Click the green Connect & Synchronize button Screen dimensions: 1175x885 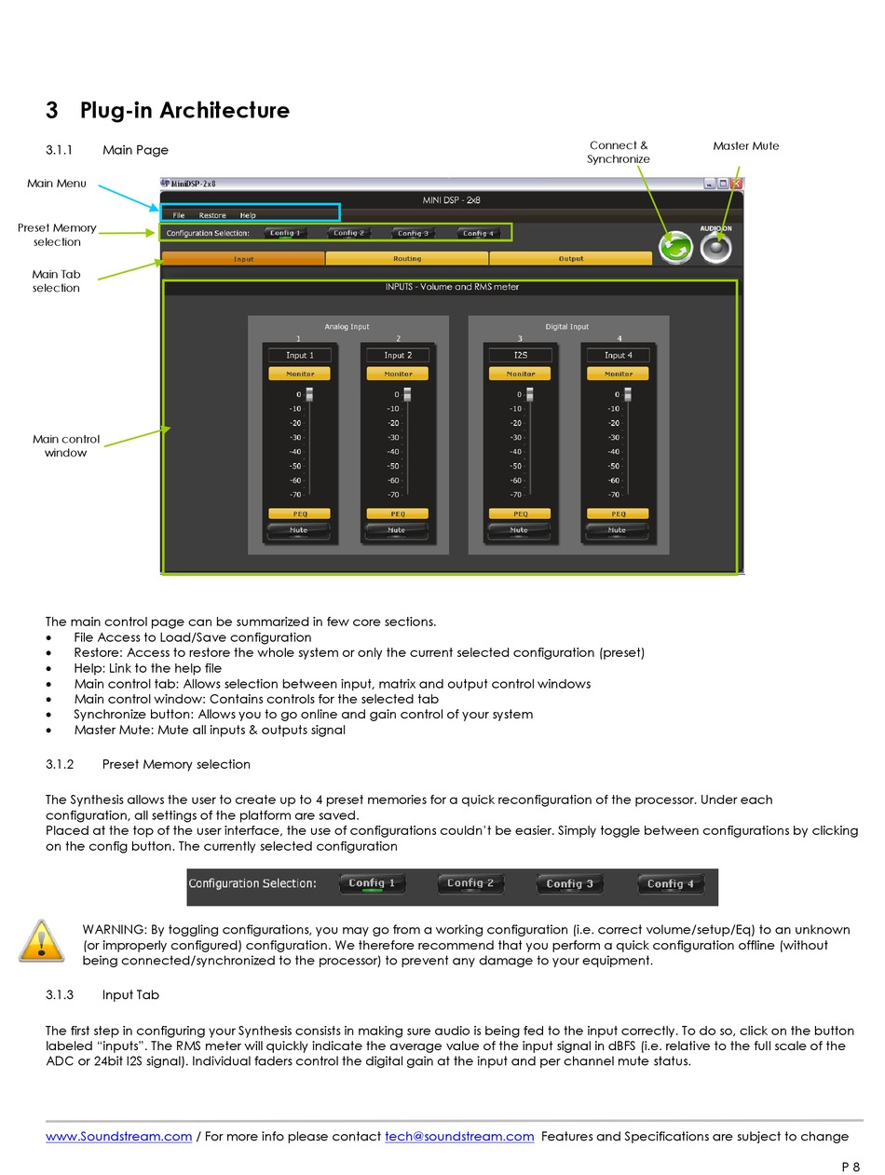[x=675, y=248]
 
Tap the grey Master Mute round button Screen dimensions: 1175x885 [x=715, y=248]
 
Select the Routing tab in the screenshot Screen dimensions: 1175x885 [x=407, y=258]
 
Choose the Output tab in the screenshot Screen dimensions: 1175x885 [x=571, y=258]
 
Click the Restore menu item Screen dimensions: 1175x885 [x=212, y=215]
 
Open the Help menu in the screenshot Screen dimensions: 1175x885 [x=248, y=215]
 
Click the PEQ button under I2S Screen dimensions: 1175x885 [x=520, y=513]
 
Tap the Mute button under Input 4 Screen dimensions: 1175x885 [x=618, y=530]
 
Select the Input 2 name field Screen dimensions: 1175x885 [x=398, y=355]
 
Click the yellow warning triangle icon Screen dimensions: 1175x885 [x=41, y=941]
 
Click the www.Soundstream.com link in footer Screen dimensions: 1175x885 [x=118, y=1136]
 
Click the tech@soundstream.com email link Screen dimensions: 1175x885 [x=459, y=1136]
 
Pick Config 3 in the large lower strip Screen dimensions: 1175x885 [x=569, y=883]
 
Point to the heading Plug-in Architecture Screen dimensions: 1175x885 [x=184, y=110]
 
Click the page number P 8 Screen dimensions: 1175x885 [x=851, y=1167]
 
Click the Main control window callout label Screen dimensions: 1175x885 [x=65, y=445]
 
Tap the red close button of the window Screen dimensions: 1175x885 [x=736, y=184]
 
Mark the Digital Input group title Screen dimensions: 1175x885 [x=566, y=327]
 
